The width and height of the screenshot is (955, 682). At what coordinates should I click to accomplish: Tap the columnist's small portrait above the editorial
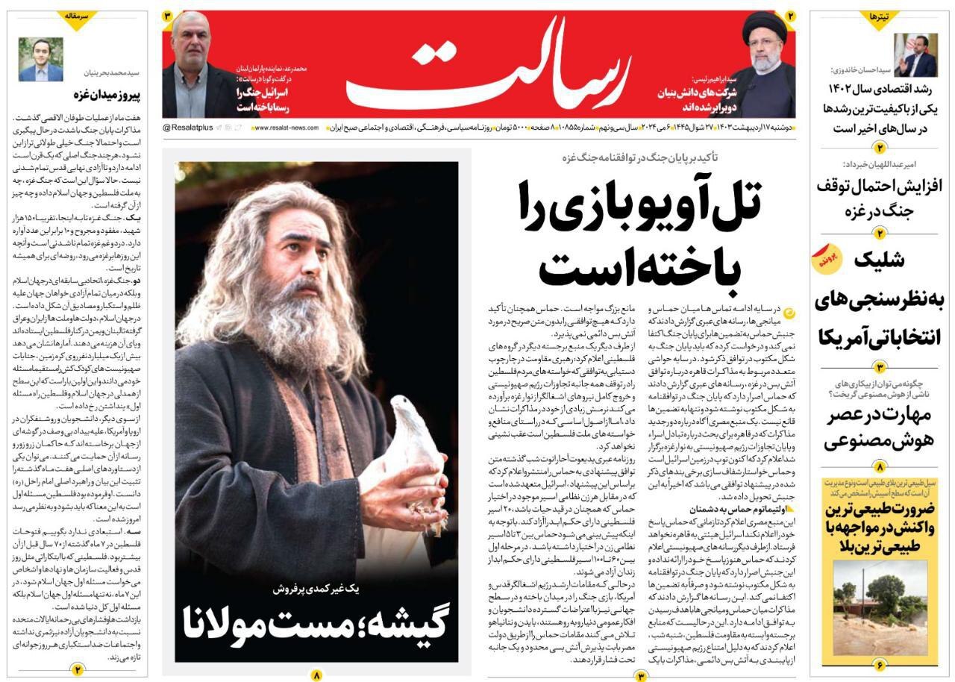tap(41, 60)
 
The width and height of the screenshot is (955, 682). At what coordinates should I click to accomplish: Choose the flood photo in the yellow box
tap(880, 606)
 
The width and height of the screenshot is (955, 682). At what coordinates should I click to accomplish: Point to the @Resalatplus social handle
tap(188, 128)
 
